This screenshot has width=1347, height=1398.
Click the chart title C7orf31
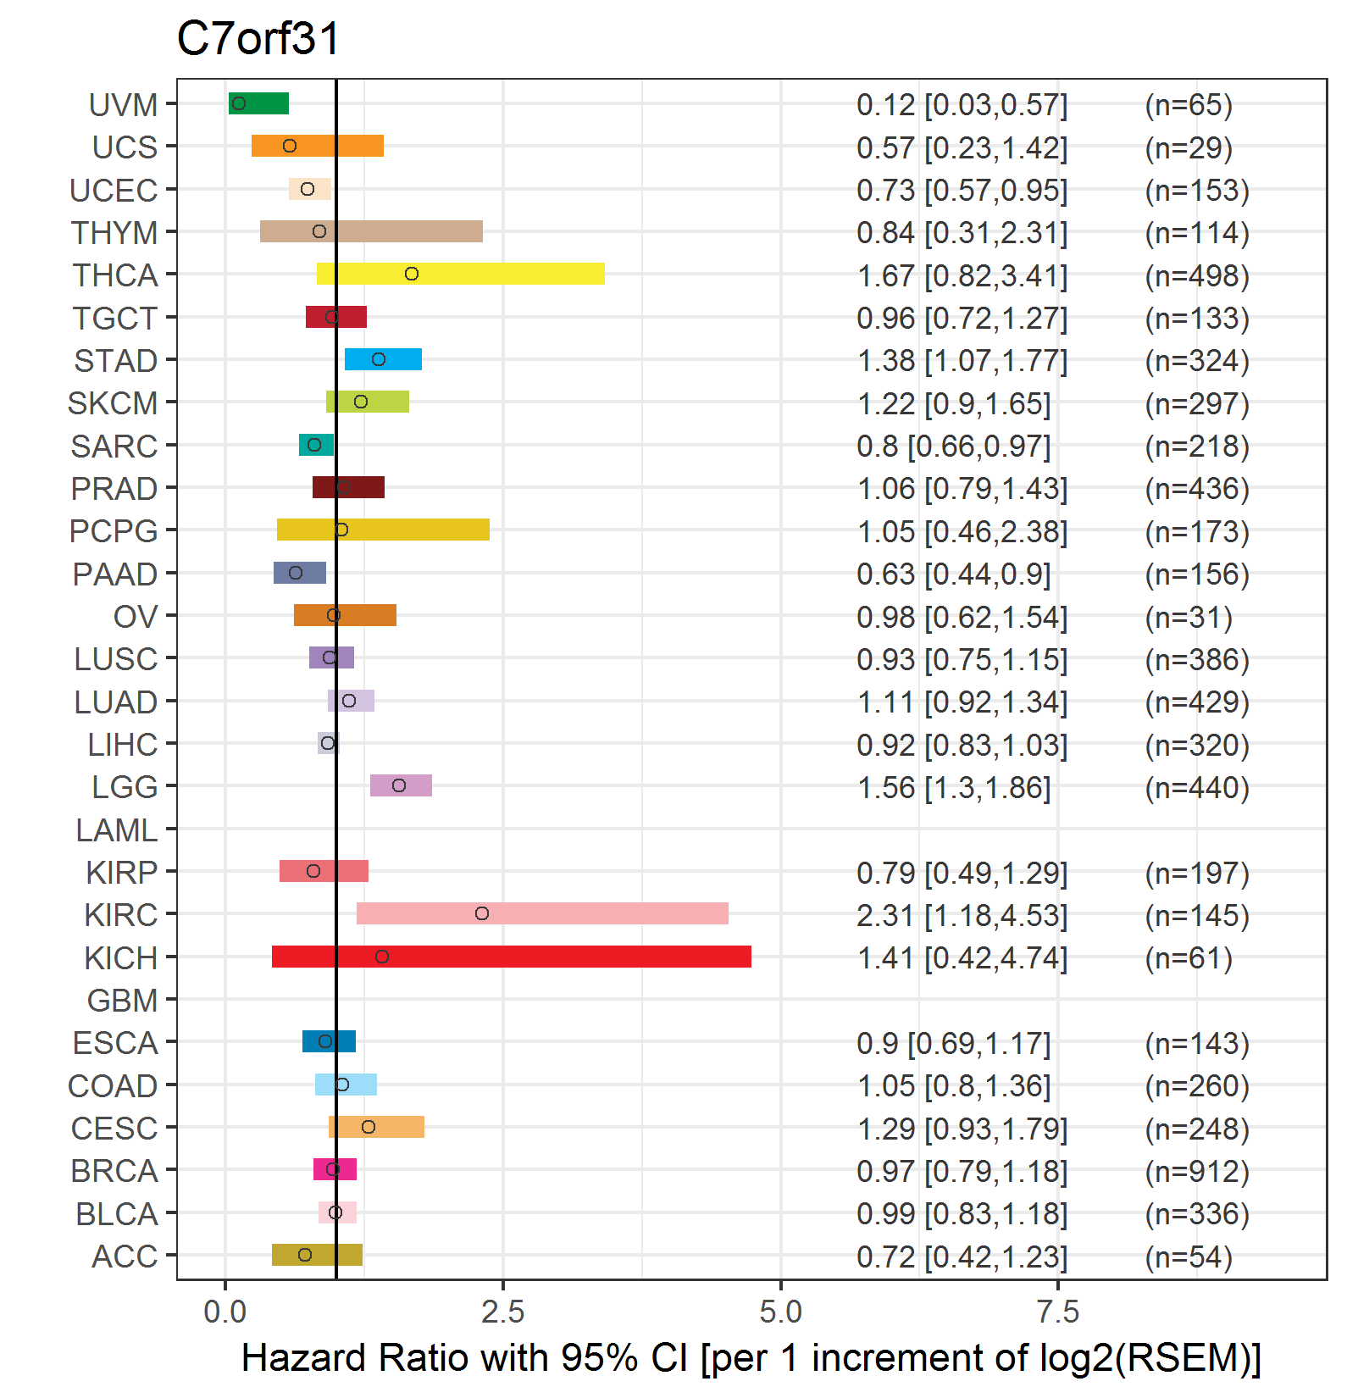pyautogui.click(x=258, y=39)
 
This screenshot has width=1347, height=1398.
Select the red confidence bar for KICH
pyautogui.click(x=512, y=957)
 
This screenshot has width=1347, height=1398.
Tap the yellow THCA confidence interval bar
pyautogui.click(x=461, y=274)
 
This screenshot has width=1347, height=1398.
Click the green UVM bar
pyautogui.click(x=258, y=103)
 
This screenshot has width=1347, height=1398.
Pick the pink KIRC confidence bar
pyautogui.click(x=542, y=913)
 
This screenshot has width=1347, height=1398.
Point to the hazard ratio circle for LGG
pyautogui.click(x=399, y=785)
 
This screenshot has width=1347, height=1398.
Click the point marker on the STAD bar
pyautogui.click(x=379, y=359)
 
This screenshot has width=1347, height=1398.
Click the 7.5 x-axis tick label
pyautogui.click(x=1059, y=1312)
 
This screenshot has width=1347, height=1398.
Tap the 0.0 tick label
pyautogui.click(x=225, y=1312)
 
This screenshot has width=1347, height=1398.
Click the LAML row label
pyautogui.click(x=117, y=830)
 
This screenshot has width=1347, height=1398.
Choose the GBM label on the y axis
pyautogui.click(x=123, y=1001)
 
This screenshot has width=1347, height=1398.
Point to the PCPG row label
pyautogui.click(x=114, y=531)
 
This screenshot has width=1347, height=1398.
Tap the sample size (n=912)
pyautogui.click(x=1197, y=1171)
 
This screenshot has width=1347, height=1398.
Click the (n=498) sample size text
pyautogui.click(x=1197, y=275)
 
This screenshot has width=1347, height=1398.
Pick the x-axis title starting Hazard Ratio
pyautogui.click(x=751, y=1358)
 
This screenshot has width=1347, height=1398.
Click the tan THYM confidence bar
pyautogui.click(x=371, y=231)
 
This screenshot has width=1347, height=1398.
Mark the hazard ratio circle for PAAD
pyautogui.click(x=296, y=573)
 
